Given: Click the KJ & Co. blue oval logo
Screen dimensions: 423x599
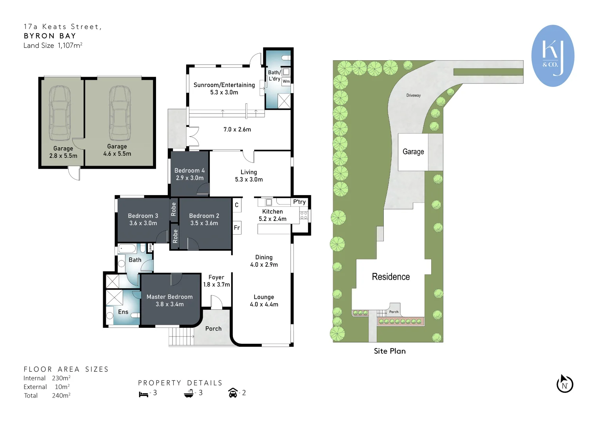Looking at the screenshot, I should click(553, 56).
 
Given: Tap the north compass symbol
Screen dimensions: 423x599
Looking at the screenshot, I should click(565, 384).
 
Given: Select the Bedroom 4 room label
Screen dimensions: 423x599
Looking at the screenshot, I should click(189, 170).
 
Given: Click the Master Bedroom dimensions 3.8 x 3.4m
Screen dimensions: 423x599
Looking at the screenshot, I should click(169, 304).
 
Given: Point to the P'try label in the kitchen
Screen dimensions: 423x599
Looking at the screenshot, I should click(299, 202).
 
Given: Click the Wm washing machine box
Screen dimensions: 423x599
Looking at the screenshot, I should click(286, 81).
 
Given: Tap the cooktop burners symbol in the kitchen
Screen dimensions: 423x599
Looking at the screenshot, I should click(304, 215).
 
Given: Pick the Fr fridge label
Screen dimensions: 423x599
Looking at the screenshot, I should click(237, 228).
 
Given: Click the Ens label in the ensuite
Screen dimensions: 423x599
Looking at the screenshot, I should click(123, 312).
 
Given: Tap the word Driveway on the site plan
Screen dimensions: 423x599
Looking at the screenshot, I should click(413, 95).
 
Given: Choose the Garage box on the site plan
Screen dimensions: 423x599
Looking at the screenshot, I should click(413, 152).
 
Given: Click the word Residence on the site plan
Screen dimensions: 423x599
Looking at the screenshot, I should click(390, 277).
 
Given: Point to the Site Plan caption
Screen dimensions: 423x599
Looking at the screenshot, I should click(389, 351).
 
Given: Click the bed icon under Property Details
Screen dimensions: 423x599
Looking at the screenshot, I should click(143, 394).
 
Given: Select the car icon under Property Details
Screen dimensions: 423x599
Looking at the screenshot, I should click(233, 393).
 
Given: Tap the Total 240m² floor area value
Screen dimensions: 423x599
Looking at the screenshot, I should click(61, 396).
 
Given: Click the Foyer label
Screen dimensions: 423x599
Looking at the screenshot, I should click(216, 277).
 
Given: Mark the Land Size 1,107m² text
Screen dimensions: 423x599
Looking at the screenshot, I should click(53, 45).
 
